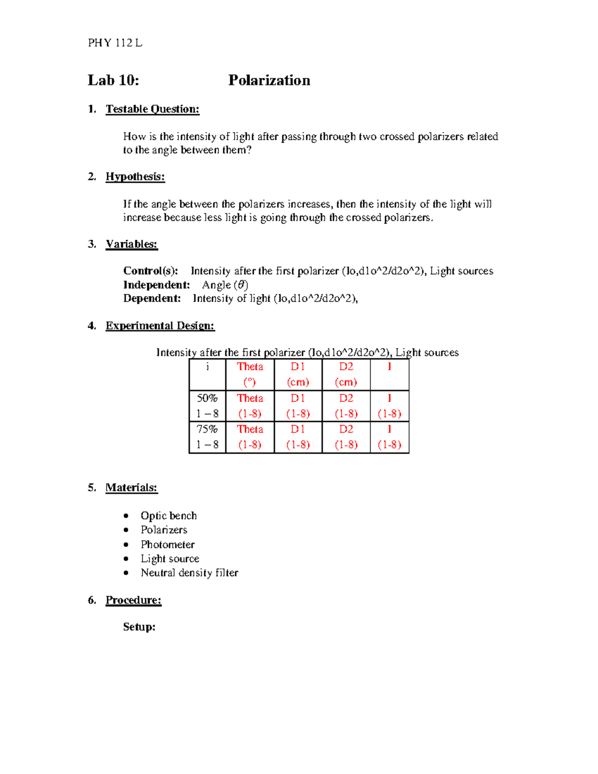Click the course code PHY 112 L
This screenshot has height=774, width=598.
point(115,43)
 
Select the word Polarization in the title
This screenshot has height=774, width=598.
point(269,80)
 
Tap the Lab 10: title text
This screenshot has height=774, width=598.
point(114,80)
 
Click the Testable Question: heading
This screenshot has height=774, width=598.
point(152,109)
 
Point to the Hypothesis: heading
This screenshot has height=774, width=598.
point(135,176)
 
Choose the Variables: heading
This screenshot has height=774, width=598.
point(132,244)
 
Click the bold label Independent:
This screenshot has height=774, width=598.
point(156,285)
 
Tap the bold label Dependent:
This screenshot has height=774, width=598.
point(152,298)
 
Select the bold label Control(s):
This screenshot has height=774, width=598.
point(150,271)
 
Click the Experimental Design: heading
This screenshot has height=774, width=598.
point(160,325)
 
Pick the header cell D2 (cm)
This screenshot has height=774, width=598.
point(346,374)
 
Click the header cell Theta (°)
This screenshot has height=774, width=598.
point(250,374)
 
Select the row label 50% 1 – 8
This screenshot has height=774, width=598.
point(207,406)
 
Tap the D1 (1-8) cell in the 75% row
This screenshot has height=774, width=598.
point(298,437)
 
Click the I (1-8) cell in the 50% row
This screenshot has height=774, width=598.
point(389,406)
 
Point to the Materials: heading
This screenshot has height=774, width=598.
point(132,487)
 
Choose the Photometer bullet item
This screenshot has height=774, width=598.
point(167,544)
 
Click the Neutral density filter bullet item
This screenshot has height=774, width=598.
point(189,573)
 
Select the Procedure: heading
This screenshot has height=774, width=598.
point(134,600)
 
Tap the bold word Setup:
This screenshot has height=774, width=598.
point(139,627)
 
